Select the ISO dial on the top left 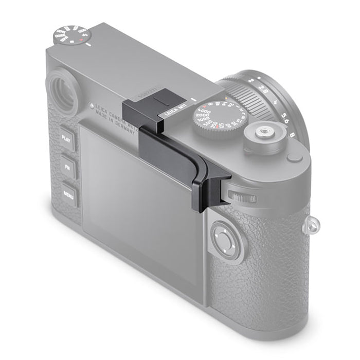[71, 37]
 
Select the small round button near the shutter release [295, 157]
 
